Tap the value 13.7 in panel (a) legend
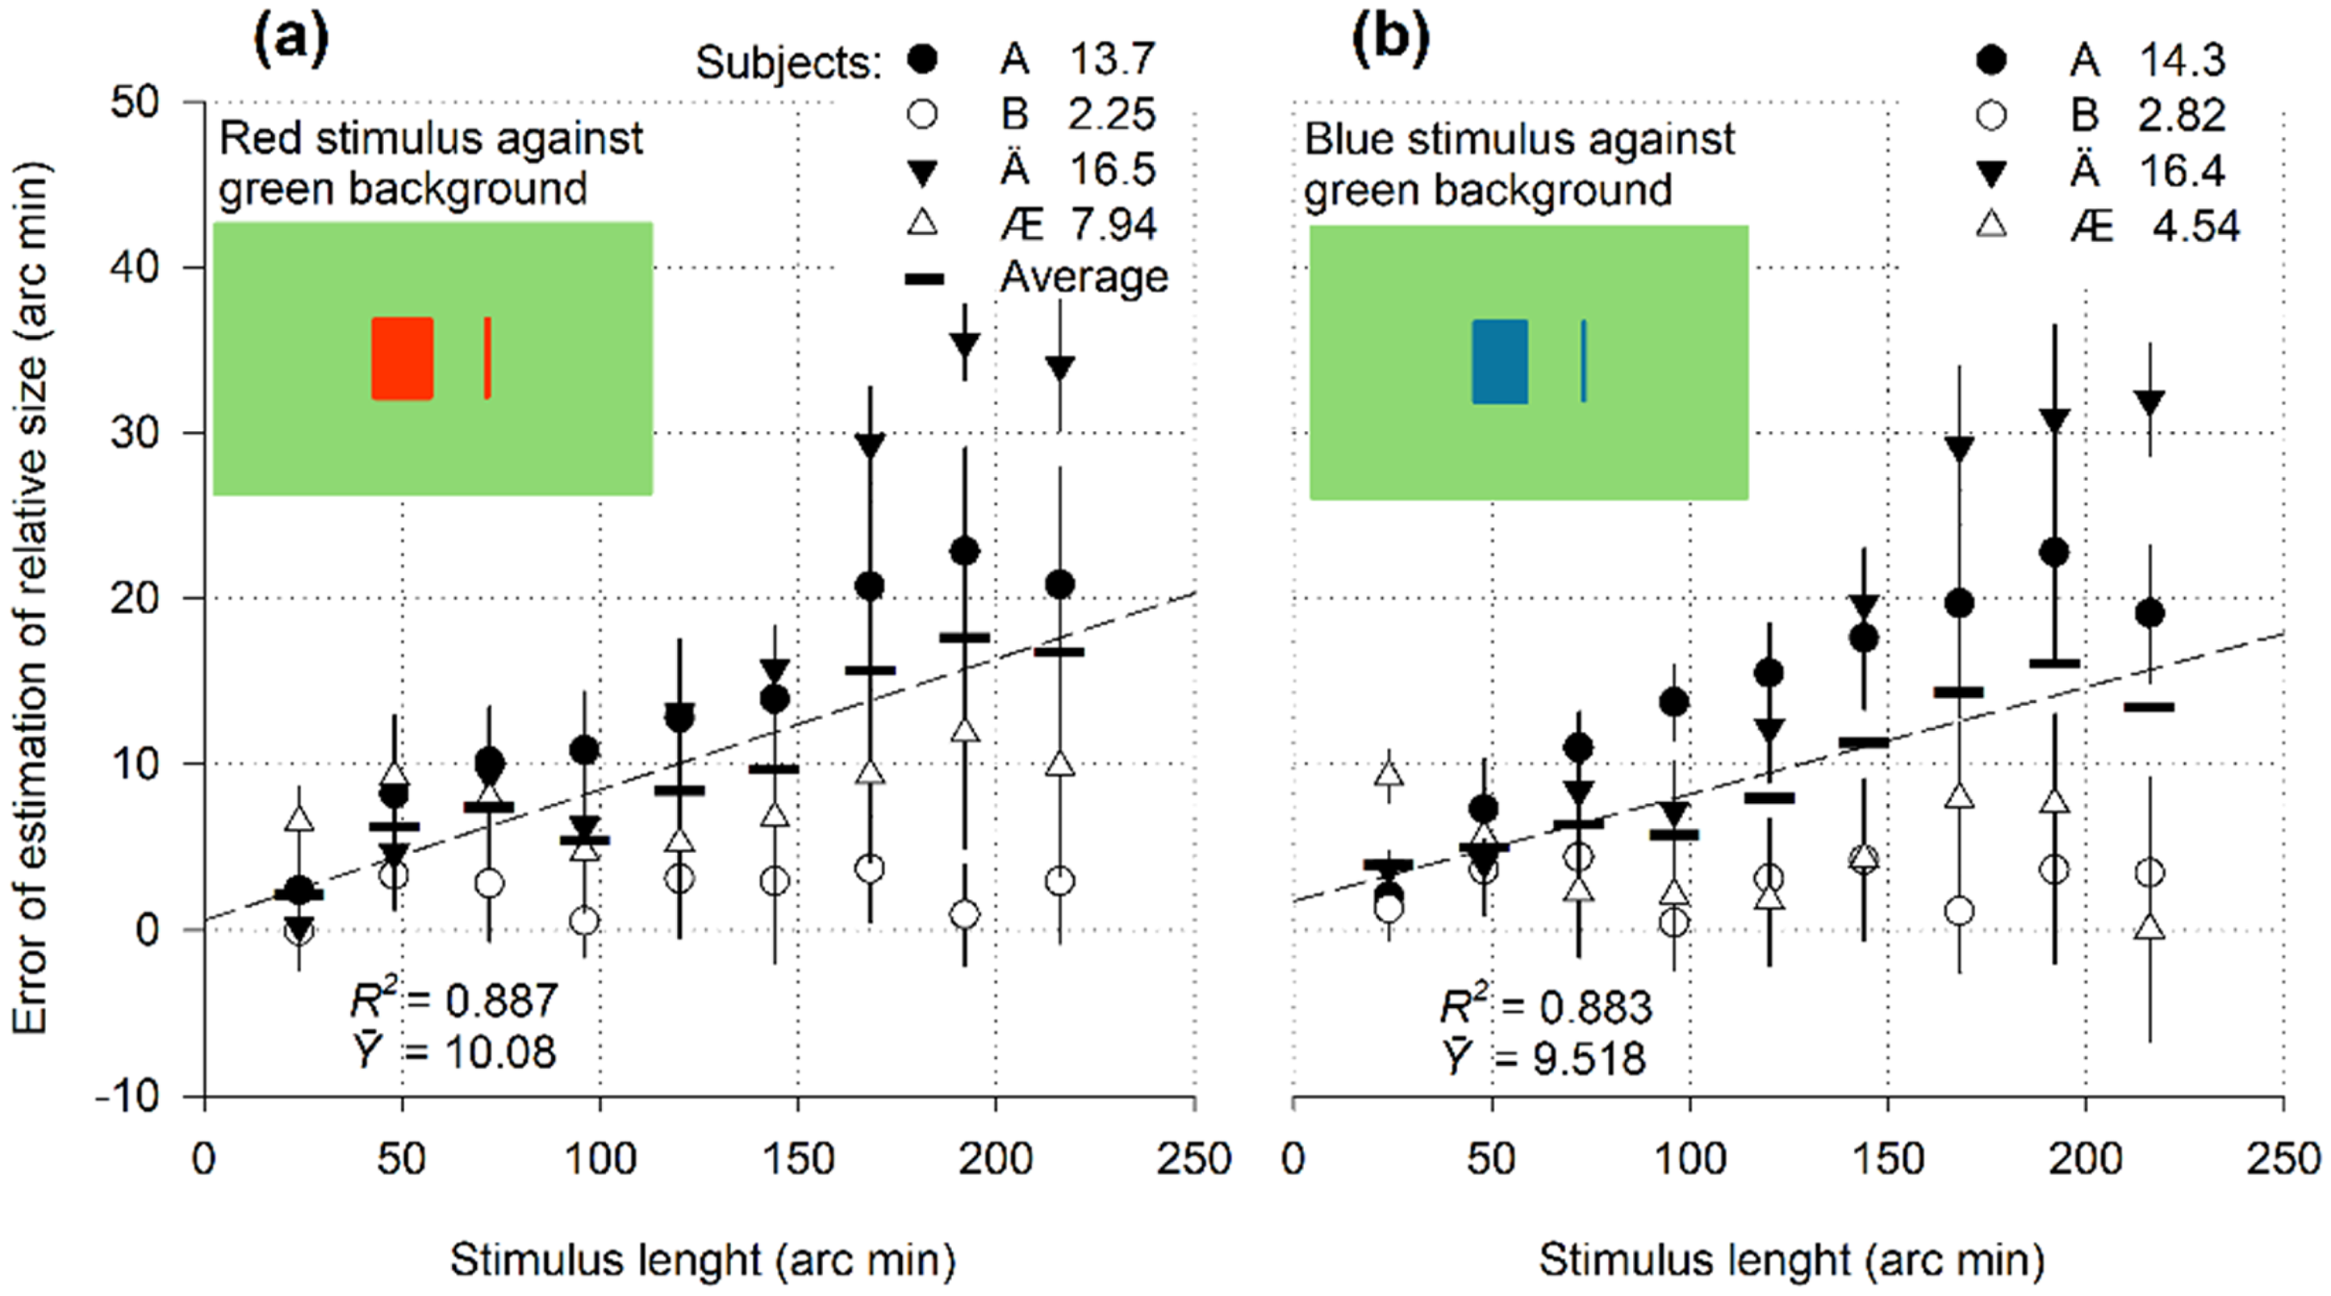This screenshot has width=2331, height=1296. tap(1112, 61)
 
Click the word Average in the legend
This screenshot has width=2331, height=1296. tap(1083, 277)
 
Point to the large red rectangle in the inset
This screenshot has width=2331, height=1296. tap(403, 358)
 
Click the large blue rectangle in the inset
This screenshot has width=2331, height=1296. tap(1499, 361)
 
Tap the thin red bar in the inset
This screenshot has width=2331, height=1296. tap(487, 357)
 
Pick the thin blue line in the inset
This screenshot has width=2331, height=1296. tap(1584, 361)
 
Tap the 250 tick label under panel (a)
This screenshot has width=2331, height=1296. tap(1194, 1160)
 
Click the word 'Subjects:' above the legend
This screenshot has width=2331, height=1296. tap(788, 64)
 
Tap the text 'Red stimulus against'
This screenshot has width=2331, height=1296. tap(431, 139)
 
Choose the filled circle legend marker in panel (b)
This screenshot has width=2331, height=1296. tap(1991, 61)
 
